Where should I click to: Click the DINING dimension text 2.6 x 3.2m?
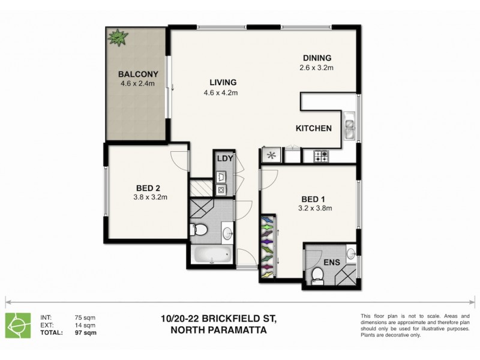pos(317,68)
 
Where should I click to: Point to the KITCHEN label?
pos(313,128)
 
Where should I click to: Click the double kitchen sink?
pos(349,128)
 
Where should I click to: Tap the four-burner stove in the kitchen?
pos(321,156)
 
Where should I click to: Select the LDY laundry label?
pos(224,158)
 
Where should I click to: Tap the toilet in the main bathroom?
pos(200,230)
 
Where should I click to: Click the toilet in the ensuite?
pos(318,274)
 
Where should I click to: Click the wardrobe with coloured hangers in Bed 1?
pos(268,246)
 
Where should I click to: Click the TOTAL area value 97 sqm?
pos(82,332)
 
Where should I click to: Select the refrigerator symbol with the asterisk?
pos(271,156)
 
